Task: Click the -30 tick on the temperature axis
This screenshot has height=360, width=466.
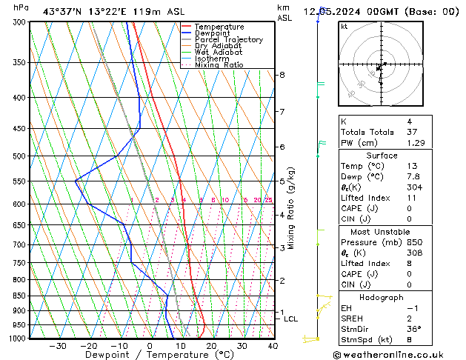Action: point(57,346)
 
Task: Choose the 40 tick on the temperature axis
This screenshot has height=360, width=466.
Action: point(273,346)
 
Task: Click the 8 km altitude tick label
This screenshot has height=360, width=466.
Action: point(282,75)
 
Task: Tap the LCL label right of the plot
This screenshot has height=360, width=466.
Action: point(291,319)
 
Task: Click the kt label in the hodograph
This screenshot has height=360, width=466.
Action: point(344,26)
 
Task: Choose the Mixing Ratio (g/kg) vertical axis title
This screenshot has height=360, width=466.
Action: point(291,207)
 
